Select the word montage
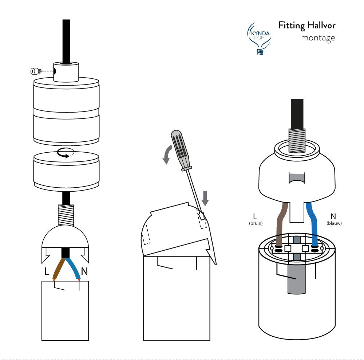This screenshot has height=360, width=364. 318,38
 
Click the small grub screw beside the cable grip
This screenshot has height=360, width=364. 36,71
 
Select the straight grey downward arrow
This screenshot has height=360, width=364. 205,198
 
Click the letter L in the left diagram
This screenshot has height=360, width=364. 47,271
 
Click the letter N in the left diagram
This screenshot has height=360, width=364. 84,271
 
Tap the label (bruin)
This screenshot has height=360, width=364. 256,223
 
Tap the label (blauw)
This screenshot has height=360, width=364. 334,223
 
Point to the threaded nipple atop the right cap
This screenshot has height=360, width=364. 296,141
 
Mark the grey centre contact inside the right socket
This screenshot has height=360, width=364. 296,281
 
